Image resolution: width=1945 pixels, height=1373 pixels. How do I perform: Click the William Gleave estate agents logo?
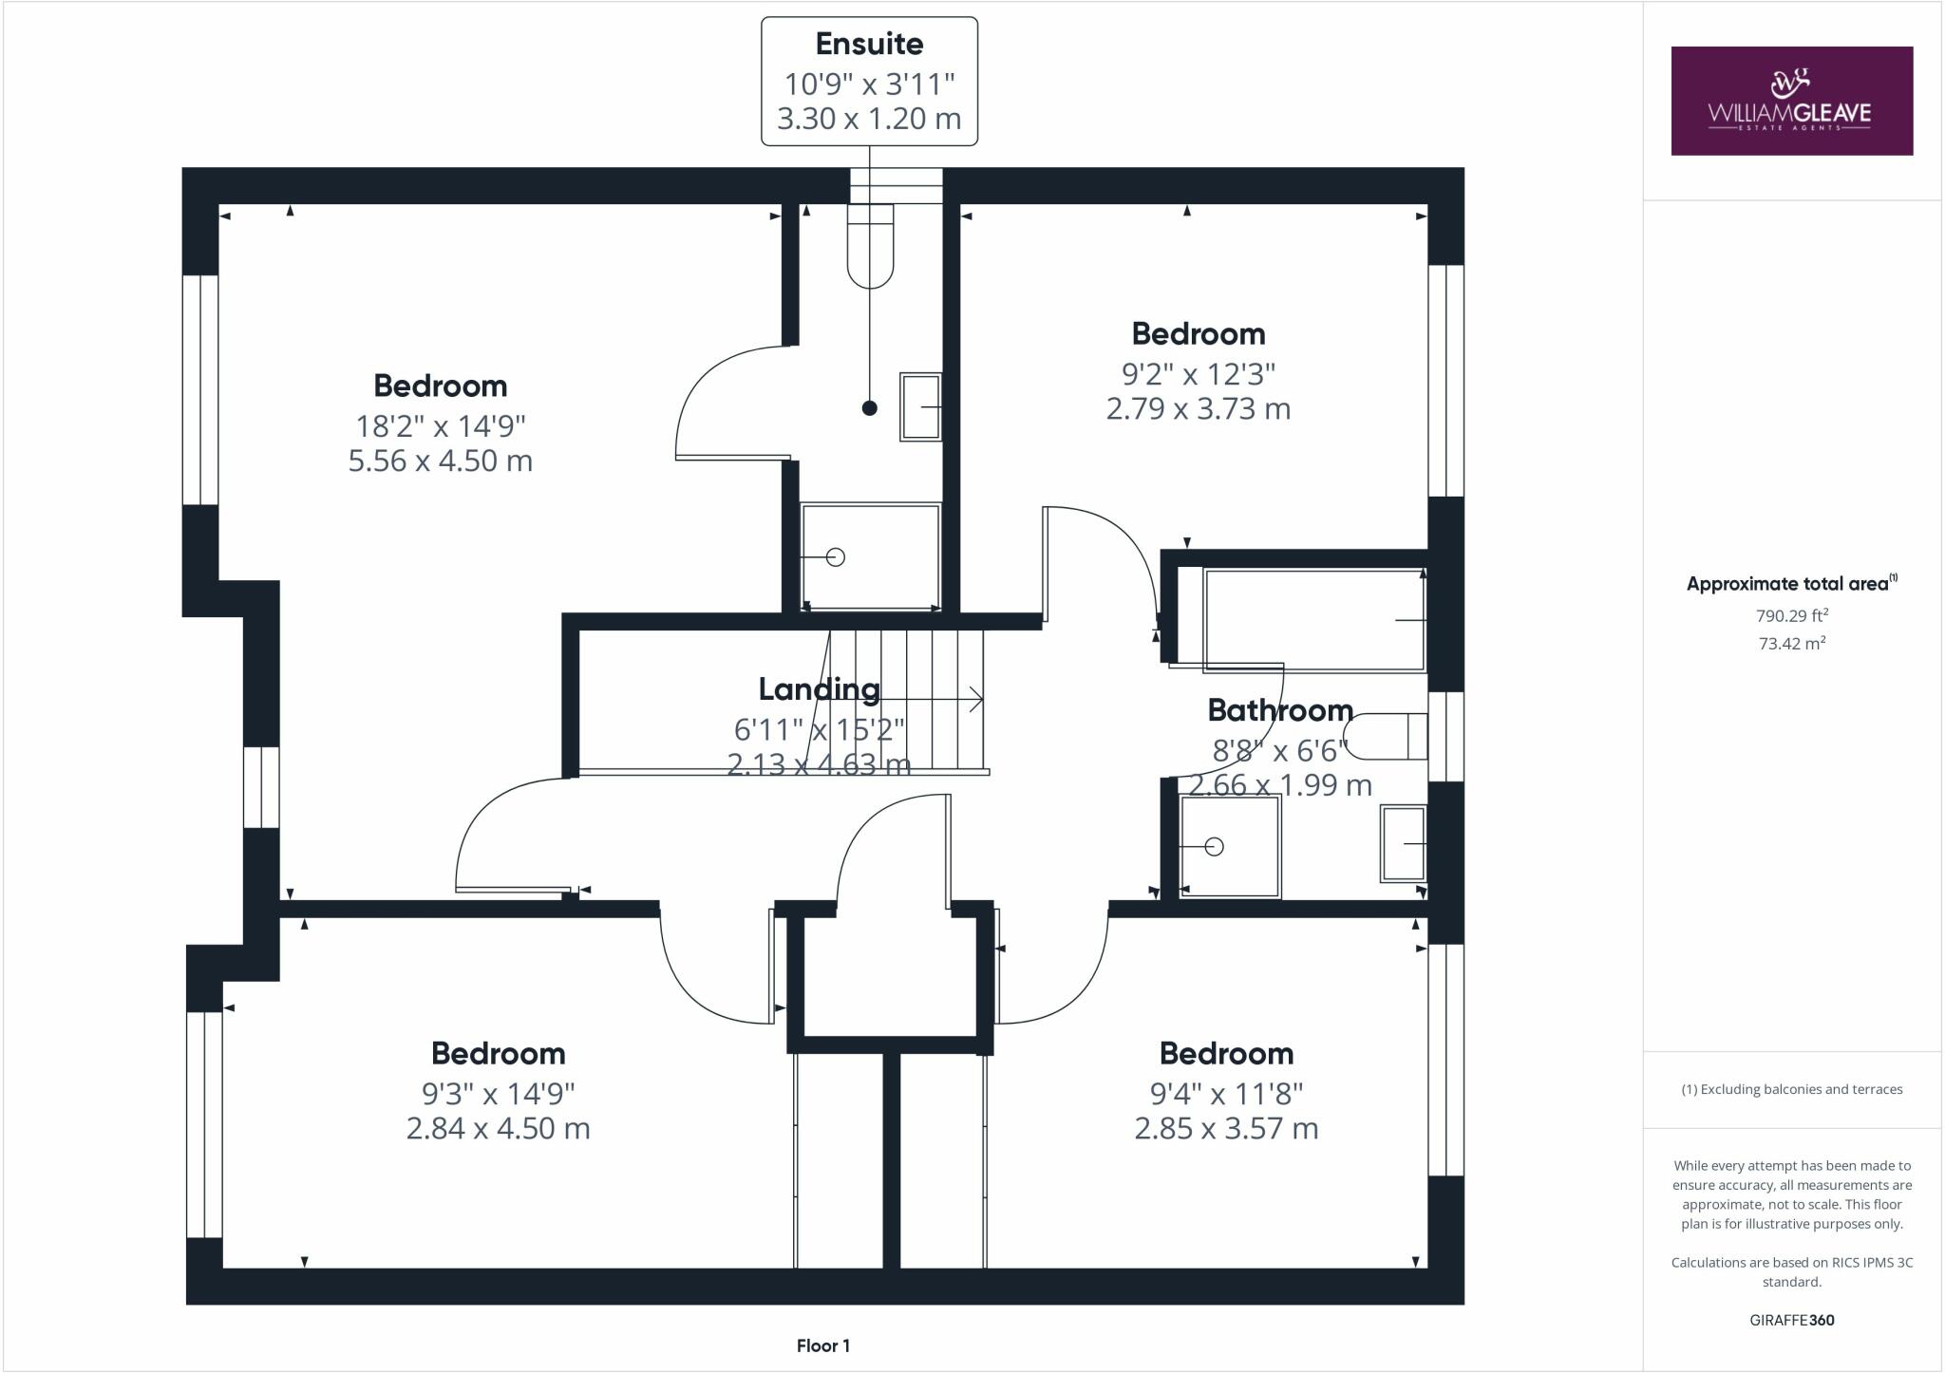[x=1791, y=101]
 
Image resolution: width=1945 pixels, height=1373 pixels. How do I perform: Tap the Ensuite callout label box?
[x=869, y=82]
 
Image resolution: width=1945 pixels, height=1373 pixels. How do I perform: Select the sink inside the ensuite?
[x=920, y=406]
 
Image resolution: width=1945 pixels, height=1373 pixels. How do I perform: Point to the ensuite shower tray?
[x=871, y=557]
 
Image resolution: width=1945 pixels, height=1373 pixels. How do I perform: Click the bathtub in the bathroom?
[x=1314, y=620]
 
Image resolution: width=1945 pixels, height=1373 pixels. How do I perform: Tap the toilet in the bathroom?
[x=1388, y=736]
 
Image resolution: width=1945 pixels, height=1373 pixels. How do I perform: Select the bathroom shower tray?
[x=1230, y=846]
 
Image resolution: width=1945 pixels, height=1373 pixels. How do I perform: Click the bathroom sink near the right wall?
[x=1404, y=843]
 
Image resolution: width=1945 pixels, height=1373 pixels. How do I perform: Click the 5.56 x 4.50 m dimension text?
[x=440, y=461]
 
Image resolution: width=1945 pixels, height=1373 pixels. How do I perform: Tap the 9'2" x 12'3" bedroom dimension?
[x=1198, y=374]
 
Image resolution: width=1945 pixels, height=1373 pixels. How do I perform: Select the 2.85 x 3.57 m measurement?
[x=1226, y=1128]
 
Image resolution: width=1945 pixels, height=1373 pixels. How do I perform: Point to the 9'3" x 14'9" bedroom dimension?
[x=498, y=1094]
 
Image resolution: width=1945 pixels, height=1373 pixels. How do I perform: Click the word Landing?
[x=819, y=688]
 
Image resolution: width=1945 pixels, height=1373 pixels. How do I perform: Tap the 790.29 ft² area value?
[x=1791, y=615]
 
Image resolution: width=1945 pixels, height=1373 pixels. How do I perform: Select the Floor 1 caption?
[x=822, y=1345]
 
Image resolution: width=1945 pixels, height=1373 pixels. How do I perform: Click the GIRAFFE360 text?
[x=1791, y=1320]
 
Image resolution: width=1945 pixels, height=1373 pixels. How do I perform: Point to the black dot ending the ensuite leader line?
[x=869, y=408]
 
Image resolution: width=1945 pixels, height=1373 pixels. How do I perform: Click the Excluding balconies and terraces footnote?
[x=1791, y=1089]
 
